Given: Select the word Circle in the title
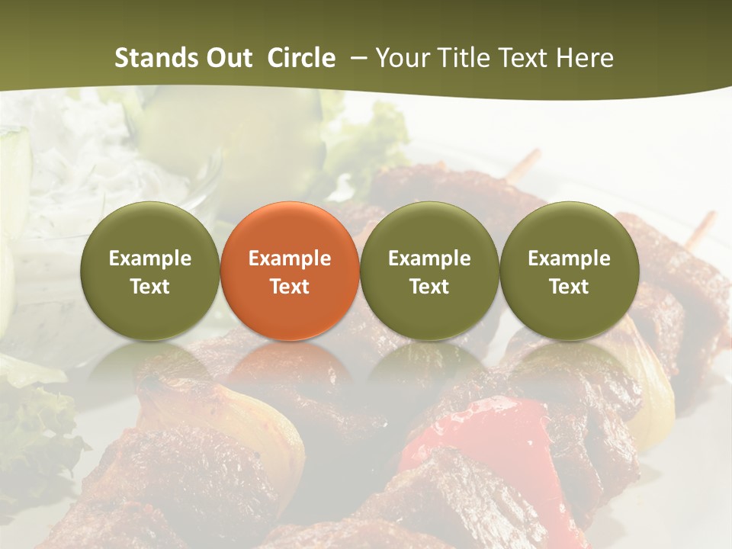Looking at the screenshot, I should pyautogui.click(x=301, y=58).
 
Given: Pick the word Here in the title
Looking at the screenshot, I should pyautogui.click(x=585, y=58).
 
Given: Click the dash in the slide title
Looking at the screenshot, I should pyautogui.click(x=360, y=58).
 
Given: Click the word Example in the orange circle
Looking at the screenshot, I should pyautogui.click(x=290, y=258).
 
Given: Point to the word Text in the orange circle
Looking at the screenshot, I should pyautogui.click(x=290, y=287).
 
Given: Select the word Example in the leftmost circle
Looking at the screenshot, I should pyautogui.click(x=150, y=258).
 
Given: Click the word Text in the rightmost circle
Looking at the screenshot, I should pyautogui.click(x=569, y=287).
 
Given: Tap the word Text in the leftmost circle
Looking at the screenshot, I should pyautogui.click(x=150, y=287).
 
